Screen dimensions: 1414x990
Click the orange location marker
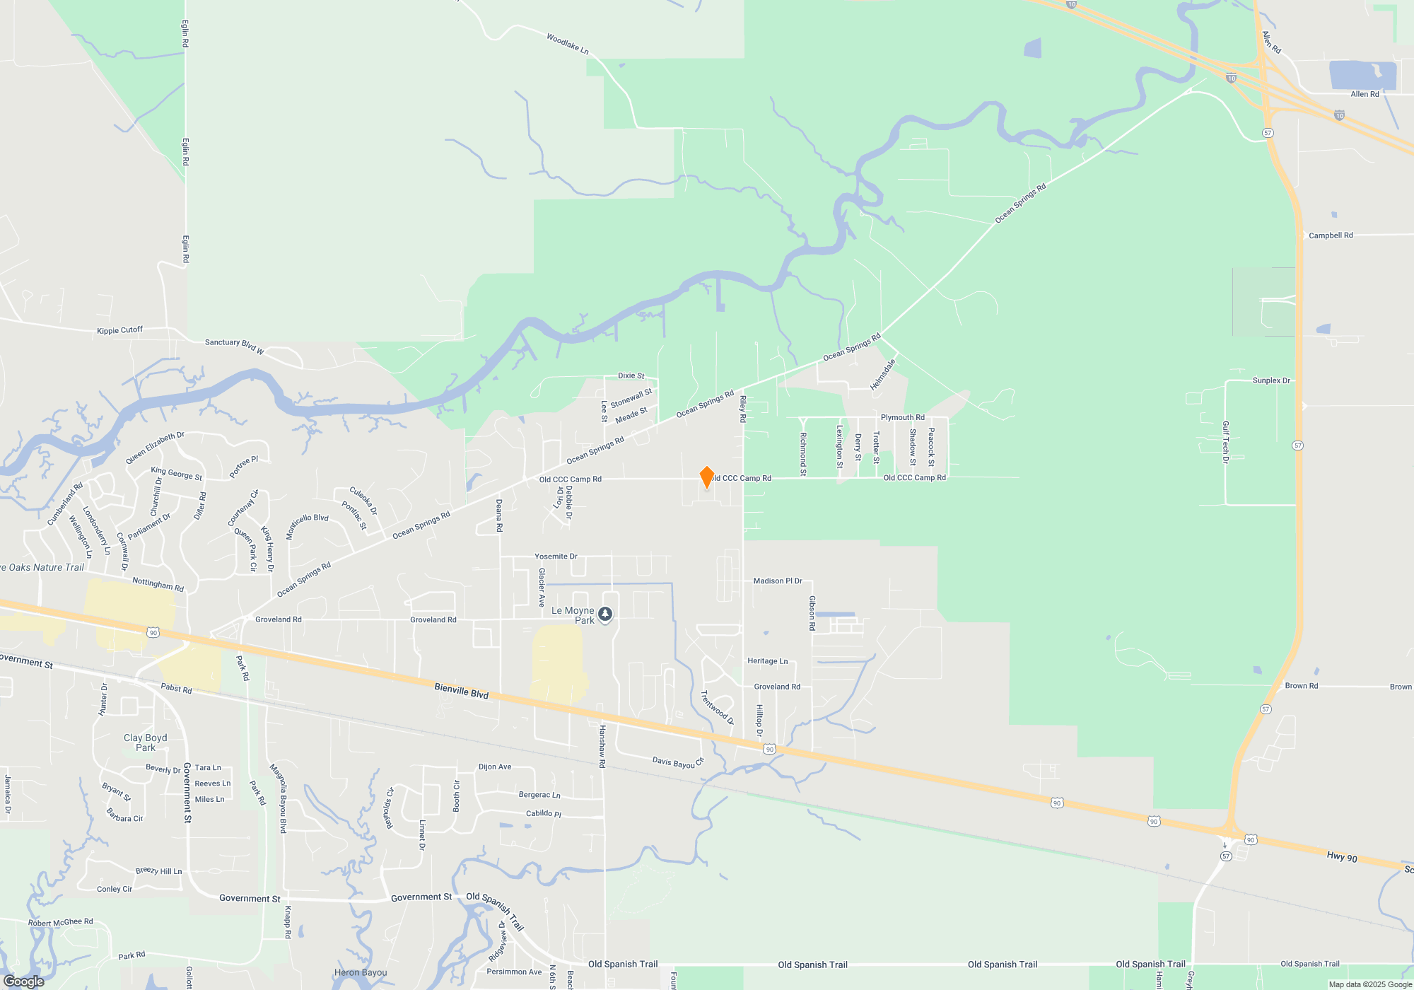pyautogui.click(x=706, y=477)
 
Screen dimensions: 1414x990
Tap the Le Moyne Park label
pyautogui.click(x=573, y=615)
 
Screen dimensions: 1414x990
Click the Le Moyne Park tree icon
pyautogui.click(x=605, y=615)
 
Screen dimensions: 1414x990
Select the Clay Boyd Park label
pyautogui.click(x=146, y=742)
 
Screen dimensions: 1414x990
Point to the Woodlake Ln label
pyautogui.click(x=567, y=43)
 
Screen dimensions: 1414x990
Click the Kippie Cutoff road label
pyautogui.click(x=119, y=330)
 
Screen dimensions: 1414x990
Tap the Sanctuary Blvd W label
pyautogui.click(x=234, y=346)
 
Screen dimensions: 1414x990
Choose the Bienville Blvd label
pyautogui.click(x=462, y=691)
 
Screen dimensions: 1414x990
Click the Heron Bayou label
pyautogui.click(x=361, y=972)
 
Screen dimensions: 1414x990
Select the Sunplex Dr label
pyautogui.click(x=1271, y=380)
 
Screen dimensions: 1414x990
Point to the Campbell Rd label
pyautogui.click(x=1331, y=235)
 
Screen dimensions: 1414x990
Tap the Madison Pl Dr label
pyautogui.click(x=778, y=581)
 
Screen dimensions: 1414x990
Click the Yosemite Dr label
pyautogui.click(x=556, y=557)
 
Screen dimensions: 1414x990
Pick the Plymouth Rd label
pyautogui.click(x=902, y=417)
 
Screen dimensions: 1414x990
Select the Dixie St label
pyautogui.click(x=631, y=375)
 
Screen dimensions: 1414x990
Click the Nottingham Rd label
pyautogui.click(x=158, y=584)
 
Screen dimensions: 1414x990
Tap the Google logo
pyautogui.click(x=24, y=981)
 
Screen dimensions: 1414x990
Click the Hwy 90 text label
pyautogui.click(x=1342, y=856)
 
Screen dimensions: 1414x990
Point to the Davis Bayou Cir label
pyautogui.click(x=678, y=763)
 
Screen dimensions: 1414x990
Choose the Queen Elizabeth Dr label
pyautogui.click(x=155, y=448)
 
